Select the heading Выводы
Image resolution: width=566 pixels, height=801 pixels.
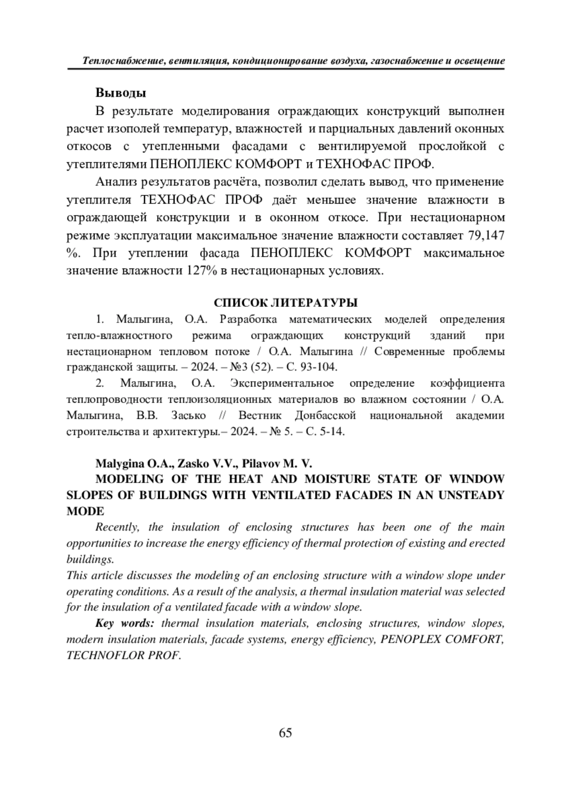(x=121, y=92)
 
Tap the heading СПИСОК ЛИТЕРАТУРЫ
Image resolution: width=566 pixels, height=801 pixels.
(x=285, y=303)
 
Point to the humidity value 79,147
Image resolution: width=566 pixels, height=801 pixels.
(x=486, y=235)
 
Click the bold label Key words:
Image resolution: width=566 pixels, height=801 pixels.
(x=125, y=623)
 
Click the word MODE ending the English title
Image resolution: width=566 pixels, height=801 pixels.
(x=85, y=511)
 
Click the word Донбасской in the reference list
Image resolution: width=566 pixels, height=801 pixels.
(x=325, y=415)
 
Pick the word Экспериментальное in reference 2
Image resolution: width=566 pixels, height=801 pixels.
(x=282, y=383)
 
